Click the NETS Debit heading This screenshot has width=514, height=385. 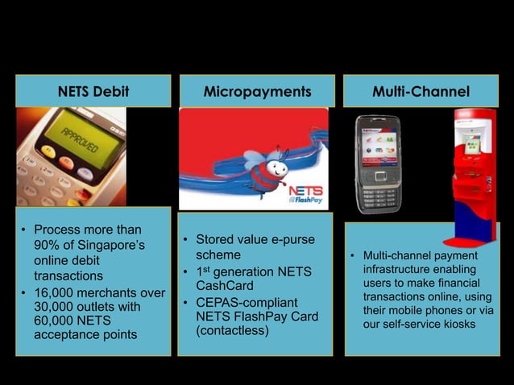[x=93, y=92]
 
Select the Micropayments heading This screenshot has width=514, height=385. [x=257, y=92]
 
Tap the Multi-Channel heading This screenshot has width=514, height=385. [x=421, y=92]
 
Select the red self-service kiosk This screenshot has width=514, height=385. [x=472, y=173]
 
